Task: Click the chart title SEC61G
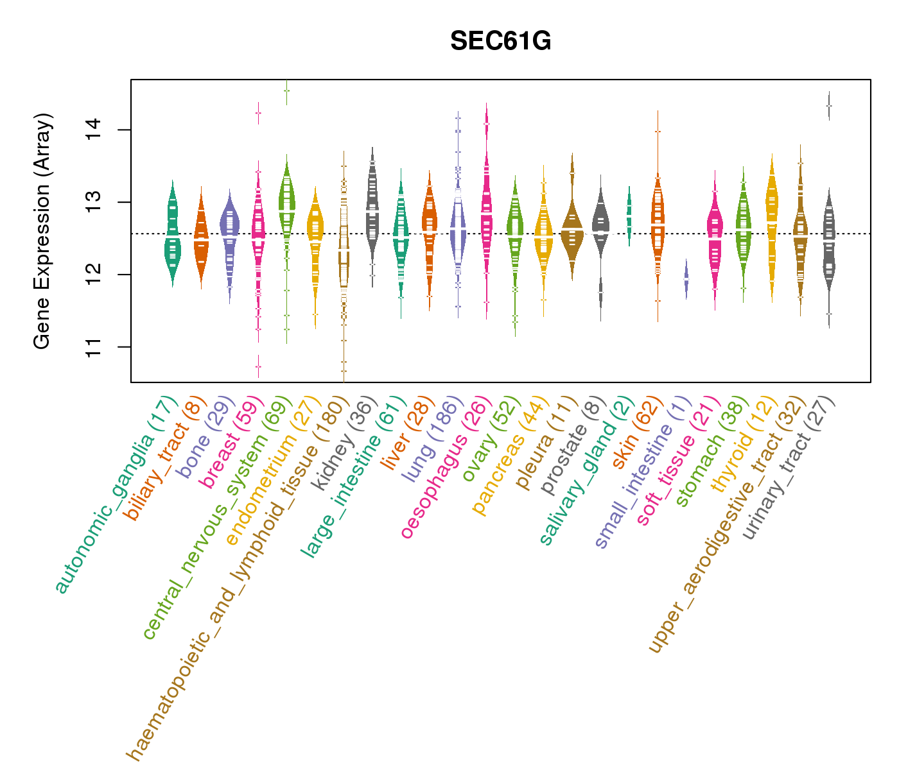click(x=500, y=41)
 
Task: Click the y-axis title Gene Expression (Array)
click(x=42, y=231)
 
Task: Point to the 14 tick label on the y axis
click(x=94, y=130)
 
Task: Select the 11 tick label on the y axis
click(x=94, y=346)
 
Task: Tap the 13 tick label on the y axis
click(x=94, y=202)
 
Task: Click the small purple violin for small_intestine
click(x=686, y=279)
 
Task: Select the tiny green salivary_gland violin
click(x=629, y=216)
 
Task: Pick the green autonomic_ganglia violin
click(x=173, y=234)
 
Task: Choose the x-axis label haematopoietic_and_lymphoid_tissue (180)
click(x=238, y=578)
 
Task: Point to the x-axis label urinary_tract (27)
click(x=789, y=468)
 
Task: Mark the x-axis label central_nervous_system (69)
click(x=218, y=518)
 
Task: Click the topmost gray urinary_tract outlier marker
click(x=829, y=106)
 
